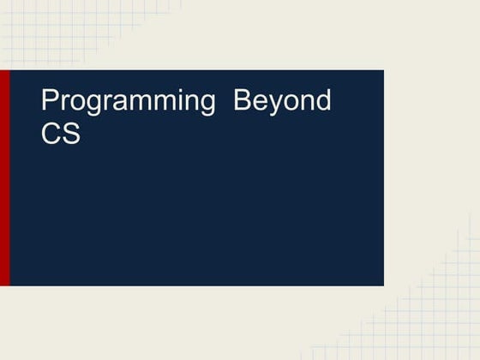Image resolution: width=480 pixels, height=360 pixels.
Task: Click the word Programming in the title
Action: click(128, 102)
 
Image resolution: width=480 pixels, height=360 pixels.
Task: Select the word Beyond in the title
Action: click(283, 102)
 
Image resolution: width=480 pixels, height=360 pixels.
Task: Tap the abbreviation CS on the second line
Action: click(61, 134)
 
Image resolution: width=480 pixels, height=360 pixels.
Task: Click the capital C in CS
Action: click(51, 134)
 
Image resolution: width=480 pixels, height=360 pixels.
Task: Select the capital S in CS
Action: click(71, 134)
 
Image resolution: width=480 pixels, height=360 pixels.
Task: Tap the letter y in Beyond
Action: click(277, 105)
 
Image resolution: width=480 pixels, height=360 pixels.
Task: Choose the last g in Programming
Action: click(206, 105)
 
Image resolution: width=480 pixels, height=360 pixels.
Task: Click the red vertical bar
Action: click(5, 177)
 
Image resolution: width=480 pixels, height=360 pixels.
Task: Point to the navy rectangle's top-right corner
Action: click(382, 71)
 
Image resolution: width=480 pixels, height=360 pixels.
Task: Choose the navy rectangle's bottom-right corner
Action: click(382, 284)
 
